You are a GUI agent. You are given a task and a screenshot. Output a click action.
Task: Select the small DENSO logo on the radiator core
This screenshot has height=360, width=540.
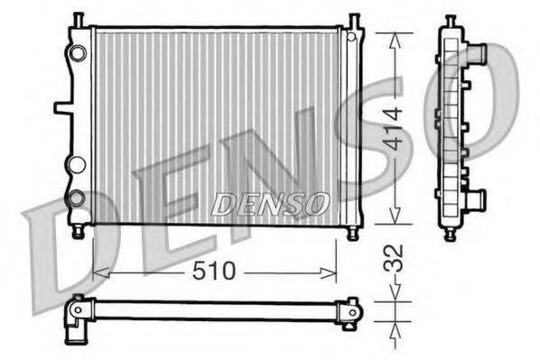click(x=270, y=204)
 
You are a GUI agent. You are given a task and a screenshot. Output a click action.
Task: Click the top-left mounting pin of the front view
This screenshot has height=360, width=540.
click(x=79, y=19)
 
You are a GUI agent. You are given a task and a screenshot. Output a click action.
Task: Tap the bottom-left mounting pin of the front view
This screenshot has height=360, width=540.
click(x=79, y=233)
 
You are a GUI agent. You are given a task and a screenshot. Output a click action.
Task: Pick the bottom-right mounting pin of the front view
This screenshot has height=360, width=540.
click(x=352, y=233)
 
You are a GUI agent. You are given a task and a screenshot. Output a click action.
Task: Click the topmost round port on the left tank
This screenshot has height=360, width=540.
click(x=79, y=53)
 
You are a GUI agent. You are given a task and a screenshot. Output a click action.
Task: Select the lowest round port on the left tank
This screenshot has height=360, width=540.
click(x=78, y=197)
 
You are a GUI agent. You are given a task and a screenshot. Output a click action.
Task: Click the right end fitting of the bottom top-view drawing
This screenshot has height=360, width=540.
click(x=350, y=310)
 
